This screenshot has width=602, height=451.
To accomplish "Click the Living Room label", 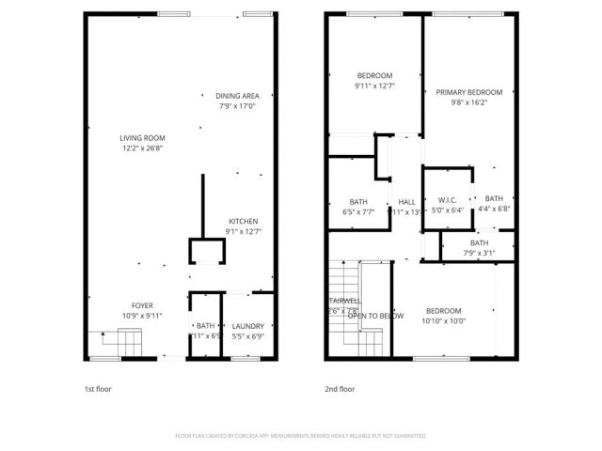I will point(142,137).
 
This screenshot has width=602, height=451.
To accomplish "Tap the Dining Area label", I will point(237,96).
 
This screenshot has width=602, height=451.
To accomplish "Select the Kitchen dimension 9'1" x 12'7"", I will point(244,232).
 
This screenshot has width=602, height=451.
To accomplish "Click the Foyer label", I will point(142,304).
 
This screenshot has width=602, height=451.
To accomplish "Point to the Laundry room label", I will point(249,325).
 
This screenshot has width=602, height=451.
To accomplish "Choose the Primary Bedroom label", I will point(468,92).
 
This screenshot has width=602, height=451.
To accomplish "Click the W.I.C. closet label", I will point(447,199).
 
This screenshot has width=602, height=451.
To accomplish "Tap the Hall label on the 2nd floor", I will point(406,202).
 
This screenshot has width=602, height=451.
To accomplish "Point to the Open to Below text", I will point(370,316).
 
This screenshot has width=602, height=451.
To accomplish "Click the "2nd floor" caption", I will point(340,388).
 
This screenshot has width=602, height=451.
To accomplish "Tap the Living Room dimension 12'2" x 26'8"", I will point(142,148).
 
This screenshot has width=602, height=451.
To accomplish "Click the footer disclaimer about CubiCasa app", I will point(301,436).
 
